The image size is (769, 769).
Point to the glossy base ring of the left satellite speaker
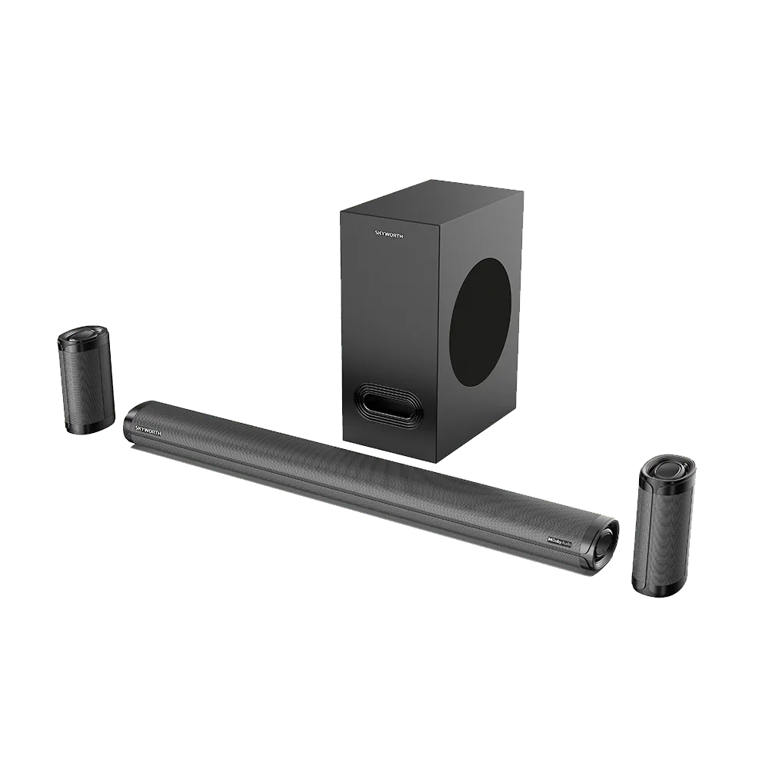91,426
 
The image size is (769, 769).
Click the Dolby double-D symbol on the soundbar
551,541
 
